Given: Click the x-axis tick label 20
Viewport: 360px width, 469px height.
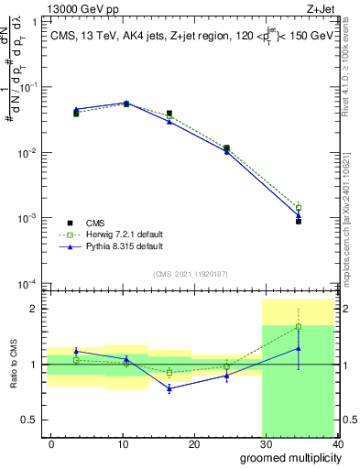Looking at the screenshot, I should (194, 443).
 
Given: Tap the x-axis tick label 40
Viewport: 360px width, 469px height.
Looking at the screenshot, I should (337, 443).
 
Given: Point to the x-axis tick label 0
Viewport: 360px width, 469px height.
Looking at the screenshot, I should (51, 443).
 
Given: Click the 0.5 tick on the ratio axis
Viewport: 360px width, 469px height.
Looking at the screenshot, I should (33, 420).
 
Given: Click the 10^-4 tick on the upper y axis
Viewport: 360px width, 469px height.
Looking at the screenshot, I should (29, 284).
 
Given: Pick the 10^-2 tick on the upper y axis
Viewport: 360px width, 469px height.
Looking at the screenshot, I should (29, 152).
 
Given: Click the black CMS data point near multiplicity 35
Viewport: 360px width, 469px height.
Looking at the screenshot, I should (299, 221).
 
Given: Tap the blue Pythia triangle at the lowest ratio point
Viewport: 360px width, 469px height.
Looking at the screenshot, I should (169, 388).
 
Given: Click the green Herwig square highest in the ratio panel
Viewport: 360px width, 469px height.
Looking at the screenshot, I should (299, 326).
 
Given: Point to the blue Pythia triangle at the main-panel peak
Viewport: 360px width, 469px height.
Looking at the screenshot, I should (125, 103).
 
